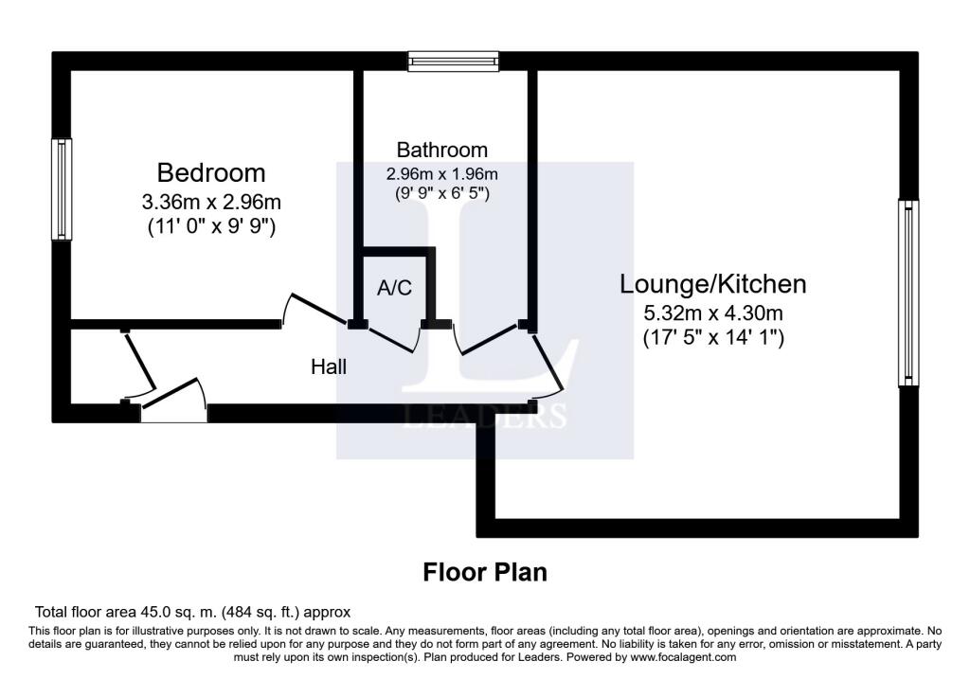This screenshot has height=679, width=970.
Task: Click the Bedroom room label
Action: [x=211, y=172]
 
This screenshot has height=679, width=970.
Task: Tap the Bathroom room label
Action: [x=441, y=150]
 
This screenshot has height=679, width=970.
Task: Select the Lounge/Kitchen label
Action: [x=713, y=284]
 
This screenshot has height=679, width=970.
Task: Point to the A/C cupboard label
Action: [x=395, y=288]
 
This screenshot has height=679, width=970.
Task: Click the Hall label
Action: [x=329, y=366]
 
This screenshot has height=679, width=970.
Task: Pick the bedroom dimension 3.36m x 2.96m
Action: [x=211, y=202]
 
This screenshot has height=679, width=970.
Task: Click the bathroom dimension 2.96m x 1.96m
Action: [x=441, y=174]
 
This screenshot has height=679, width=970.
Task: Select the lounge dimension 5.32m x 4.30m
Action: [x=713, y=313]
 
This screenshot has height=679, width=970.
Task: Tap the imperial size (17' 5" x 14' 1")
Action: [x=713, y=338]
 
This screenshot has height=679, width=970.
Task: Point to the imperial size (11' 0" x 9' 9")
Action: [x=211, y=226]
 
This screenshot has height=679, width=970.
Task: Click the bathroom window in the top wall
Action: [x=454, y=62]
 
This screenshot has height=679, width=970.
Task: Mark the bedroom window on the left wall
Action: [x=62, y=189]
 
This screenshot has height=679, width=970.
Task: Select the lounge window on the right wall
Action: [x=908, y=293]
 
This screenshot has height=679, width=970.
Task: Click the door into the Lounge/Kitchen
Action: [x=547, y=362]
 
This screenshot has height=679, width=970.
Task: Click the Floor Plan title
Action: [x=485, y=572]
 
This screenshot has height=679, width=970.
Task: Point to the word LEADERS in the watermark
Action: [x=485, y=416]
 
